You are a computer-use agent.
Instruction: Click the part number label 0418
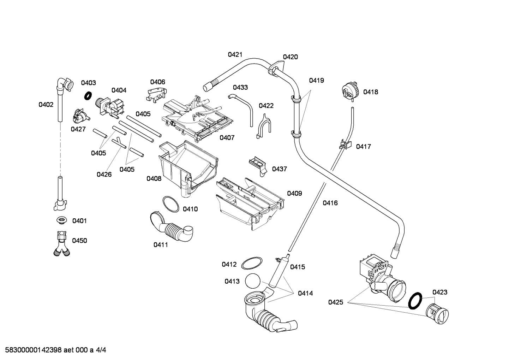click(x=371, y=92)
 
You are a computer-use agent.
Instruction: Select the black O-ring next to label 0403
click(x=88, y=96)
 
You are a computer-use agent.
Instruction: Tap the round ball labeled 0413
click(x=252, y=281)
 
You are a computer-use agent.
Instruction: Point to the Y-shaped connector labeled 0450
click(x=62, y=244)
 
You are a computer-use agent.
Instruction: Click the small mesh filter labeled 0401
click(x=61, y=220)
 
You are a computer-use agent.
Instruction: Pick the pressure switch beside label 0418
click(x=350, y=92)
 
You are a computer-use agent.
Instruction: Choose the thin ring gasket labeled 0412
click(x=252, y=263)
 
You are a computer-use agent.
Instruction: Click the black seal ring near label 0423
click(x=415, y=301)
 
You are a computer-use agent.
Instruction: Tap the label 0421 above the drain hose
click(x=235, y=54)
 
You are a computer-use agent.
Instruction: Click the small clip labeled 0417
click(x=345, y=144)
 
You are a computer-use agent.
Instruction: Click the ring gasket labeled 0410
click(x=170, y=204)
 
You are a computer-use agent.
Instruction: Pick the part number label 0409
click(x=294, y=193)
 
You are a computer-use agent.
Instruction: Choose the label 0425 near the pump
click(x=336, y=302)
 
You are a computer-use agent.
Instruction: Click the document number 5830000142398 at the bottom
click(x=34, y=350)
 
